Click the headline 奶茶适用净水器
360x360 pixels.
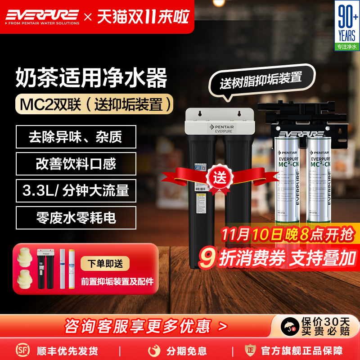91,77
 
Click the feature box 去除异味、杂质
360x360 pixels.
76,136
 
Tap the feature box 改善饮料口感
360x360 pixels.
76,163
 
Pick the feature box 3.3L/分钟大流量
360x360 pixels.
76,190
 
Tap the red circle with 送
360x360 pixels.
221,177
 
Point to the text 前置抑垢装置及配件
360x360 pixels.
117,282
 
